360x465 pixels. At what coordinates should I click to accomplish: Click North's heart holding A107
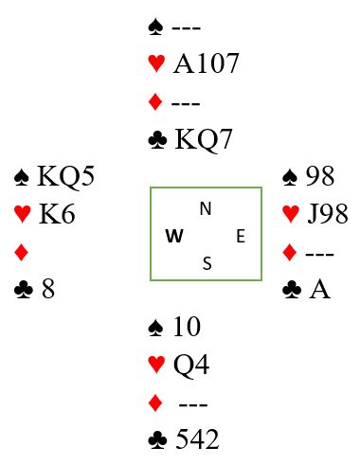click(x=206, y=63)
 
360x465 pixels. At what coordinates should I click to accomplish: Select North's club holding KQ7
click(x=204, y=139)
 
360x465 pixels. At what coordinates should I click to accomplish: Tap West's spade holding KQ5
click(x=65, y=176)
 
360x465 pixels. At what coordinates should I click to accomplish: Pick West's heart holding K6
click(x=57, y=214)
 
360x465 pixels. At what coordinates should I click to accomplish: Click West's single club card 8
click(x=48, y=289)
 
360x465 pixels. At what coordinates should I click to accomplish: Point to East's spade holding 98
click(x=320, y=176)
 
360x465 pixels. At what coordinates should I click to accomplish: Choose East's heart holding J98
click(x=328, y=214)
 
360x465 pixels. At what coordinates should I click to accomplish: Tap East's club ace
click(x=319, y=289)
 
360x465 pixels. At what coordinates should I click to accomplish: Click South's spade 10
click(x=187, y=327)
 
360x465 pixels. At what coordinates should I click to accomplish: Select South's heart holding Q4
click(x=191, y=365)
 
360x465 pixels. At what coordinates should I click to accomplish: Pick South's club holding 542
click(x=197, y=439)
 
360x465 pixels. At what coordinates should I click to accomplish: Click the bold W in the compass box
click(x=174, y=236)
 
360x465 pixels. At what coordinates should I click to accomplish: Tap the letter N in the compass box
click(x=206, y=209)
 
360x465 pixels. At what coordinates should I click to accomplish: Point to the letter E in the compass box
click(x=241, y=236)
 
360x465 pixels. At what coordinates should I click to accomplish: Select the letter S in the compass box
click(x=207, y=263)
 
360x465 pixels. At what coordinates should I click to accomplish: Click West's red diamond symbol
click(x=22, y=253)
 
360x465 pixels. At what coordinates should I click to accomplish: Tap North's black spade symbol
click(x=155, y=27)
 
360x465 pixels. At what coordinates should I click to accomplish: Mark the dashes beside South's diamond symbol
click(x=193, y=404)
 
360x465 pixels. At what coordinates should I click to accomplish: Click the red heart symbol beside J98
click(x=291, y=214)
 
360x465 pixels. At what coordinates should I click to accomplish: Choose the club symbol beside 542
click(x=157, y=439)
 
